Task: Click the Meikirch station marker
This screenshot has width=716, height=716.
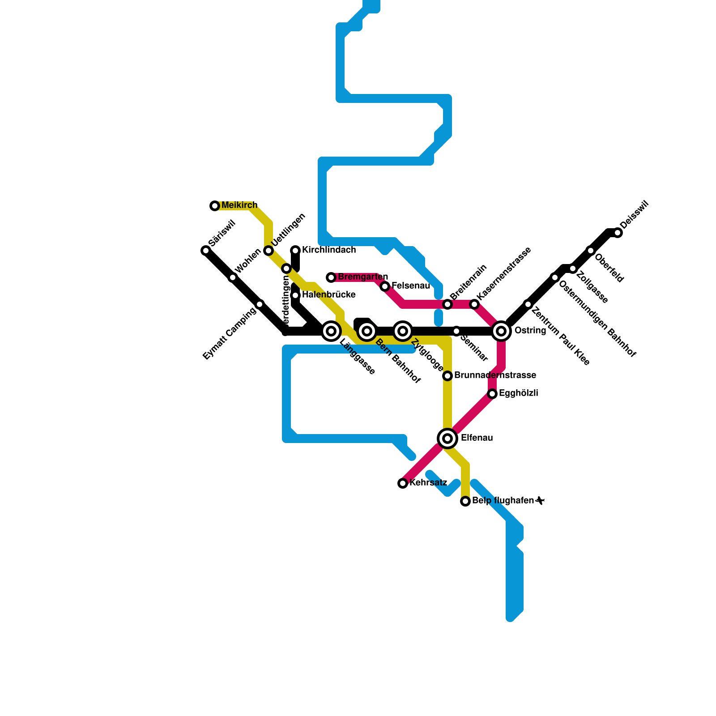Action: coord(215,206)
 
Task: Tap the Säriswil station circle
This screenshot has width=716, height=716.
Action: coord(206,251)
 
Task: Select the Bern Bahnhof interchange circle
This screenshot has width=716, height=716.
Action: coord(367,331)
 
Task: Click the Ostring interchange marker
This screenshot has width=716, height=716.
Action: coord(501,331)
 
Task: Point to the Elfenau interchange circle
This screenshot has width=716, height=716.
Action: coord(447,439)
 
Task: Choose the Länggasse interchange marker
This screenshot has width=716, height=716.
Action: coord(331,331)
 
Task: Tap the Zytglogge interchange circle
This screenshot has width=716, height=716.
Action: coord(403,331)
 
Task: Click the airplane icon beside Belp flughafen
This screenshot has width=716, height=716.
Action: coord(540,500)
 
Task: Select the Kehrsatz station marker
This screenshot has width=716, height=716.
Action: coord(403,483)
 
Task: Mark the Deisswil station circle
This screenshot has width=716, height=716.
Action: coord(618,233)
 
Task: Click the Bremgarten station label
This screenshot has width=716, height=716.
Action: coord(362,277)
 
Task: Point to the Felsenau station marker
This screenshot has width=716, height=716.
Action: coord(385,286)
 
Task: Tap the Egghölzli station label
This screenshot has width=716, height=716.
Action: coord(518,393)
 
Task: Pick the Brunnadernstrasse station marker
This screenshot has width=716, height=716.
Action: coord(447,376)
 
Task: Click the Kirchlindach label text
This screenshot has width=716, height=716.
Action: coord(329,250)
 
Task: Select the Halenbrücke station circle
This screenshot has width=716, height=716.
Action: coord(295,295)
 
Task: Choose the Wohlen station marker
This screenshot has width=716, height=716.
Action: coord(233,277)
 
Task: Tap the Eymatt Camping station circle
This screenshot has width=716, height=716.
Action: coord(260,304)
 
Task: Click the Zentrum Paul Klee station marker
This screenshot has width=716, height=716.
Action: coord(528,304)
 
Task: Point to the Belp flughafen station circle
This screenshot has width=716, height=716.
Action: coord(465,501)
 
